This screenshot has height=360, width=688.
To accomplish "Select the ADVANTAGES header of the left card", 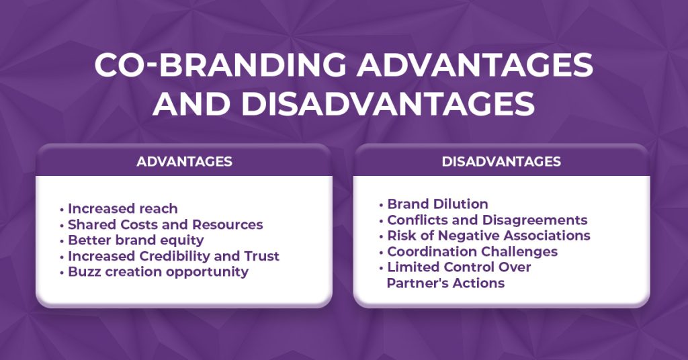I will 184,162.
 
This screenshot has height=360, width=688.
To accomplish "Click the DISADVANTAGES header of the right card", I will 501,162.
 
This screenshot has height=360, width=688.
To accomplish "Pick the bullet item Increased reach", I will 122,209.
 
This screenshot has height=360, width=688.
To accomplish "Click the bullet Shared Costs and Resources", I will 165,224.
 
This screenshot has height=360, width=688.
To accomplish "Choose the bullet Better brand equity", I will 136,240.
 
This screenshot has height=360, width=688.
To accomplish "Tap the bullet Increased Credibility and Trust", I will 173,256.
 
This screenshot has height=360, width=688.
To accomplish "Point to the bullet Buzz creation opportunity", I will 158,272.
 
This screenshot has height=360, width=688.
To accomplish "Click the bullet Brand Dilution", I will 437,204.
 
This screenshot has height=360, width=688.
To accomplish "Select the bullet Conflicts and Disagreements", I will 487,220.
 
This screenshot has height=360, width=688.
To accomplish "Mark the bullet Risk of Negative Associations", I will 488,236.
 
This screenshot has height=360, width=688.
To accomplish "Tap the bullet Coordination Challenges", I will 472,252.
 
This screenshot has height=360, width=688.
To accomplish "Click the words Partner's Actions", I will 445,283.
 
